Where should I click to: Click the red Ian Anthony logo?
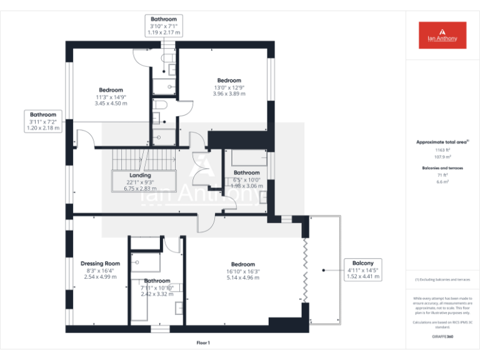click(x=442, y=35)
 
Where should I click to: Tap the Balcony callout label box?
click(x=363, y=269)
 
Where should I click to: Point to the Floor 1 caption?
click(x=203, y=342)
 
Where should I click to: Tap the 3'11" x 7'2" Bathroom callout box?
click(x=43, y=121)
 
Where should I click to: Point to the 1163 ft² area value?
click(x=442, y=151)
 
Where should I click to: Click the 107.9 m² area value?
click(x=442, y=157)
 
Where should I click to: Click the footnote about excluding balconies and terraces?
click(x=442, y=279)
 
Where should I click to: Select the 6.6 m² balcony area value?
click(x=442, y=182)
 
